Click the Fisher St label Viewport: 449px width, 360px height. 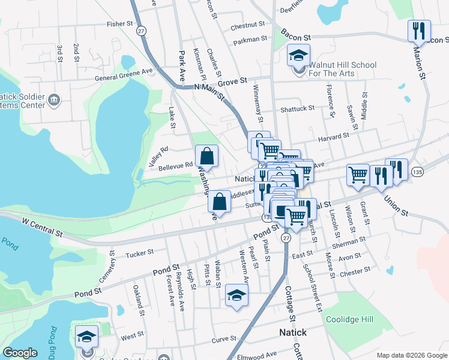click(x=119, y=24)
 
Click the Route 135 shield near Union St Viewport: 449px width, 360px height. click(x=417, y=172)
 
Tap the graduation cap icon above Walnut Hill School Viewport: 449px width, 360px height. click(x=298, y=56)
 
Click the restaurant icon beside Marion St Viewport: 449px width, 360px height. click(x=419, y=30)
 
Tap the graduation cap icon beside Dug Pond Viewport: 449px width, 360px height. click(x=87, y=337)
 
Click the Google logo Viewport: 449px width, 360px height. click(x=20, y=353)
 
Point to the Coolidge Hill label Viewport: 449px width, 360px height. click(x=349, y=319)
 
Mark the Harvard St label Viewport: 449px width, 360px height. click(x=333, y=137)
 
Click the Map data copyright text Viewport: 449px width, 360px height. click(x=411, y=355)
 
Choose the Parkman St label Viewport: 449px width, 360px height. click(x=251, y=39)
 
